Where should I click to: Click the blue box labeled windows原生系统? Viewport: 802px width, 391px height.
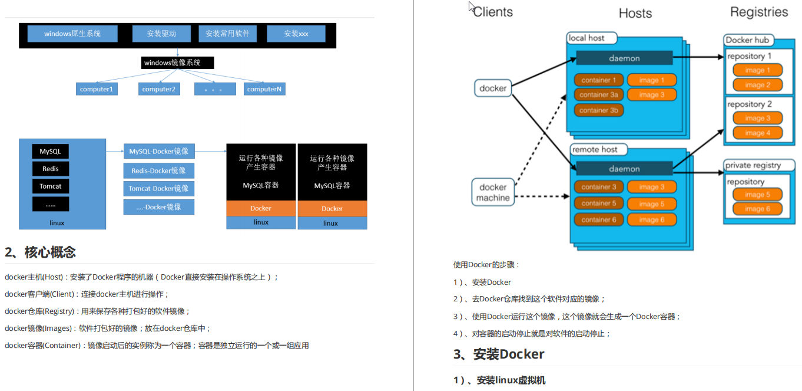[x=72, y=34]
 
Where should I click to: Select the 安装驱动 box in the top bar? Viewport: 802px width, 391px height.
[x=162, y=34]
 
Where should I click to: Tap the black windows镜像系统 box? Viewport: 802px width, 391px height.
[x=177, y=63]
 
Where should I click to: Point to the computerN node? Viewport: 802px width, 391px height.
[x=264, y=89]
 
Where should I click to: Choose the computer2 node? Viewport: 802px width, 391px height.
[x=159, y=89]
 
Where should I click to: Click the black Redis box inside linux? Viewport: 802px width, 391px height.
[x=50, y=169]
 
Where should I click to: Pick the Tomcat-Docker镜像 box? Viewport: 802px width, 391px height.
[x=158, y=189]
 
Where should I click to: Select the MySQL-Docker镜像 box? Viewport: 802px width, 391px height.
[x=158, y=152]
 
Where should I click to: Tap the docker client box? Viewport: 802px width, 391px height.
[x=493, y=88]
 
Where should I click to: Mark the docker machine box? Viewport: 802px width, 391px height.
[x=493, y=193]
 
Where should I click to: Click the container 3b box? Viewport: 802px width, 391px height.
[x=598, y=110]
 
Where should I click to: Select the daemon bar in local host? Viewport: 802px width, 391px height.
[x=624, y=58]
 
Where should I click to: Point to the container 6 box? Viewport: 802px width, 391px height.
[x=598, y=220]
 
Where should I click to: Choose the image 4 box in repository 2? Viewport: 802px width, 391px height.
[x=757, y=133]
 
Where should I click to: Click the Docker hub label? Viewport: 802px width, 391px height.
[x=747, y=40]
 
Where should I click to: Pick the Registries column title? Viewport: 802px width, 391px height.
[x=758, y=12]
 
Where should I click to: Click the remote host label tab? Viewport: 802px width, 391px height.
[x=595, y=150]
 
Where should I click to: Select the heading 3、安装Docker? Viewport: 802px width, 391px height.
[x=499, y=354]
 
